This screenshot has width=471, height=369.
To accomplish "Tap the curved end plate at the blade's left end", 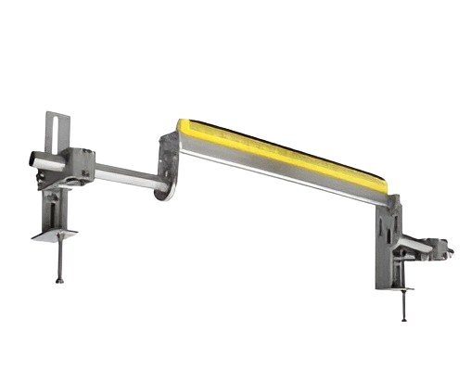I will click(167, 167).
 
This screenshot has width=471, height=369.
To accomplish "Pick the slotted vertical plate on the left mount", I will click(58, 134).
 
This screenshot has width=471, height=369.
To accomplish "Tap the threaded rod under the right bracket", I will click(404, 301).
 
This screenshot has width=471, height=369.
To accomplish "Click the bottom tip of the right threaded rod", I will click(404, 321).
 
